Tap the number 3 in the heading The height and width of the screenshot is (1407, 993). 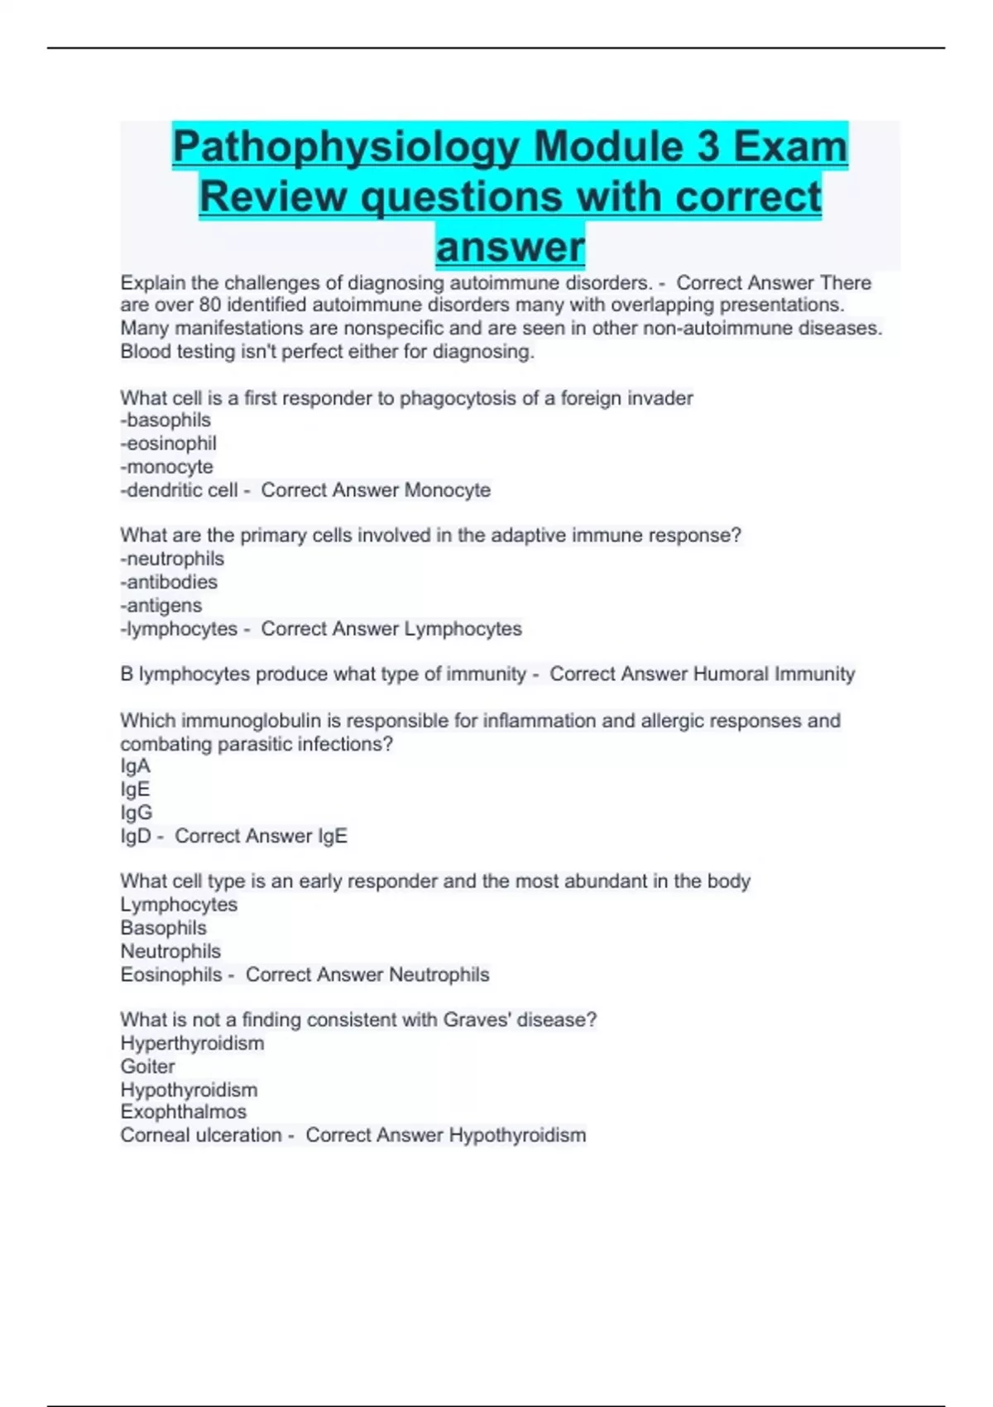[x=708, y=148]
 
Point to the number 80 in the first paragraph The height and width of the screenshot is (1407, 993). [x=210, y=305]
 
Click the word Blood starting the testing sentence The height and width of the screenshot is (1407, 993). [x=146, y=352]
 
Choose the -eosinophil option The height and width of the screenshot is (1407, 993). [x=169, y=444]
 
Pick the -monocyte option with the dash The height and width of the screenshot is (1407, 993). [x=167, y=467]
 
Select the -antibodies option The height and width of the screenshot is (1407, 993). [x=170, y=582]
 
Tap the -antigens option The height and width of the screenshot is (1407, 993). [x=161, y=605]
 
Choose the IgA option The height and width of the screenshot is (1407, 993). [x=136, y=766]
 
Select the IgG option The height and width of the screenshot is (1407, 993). [x=137, y=813]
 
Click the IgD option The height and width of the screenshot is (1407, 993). [x=137, y=836]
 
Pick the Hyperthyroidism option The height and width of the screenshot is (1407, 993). [x=192, y=1043]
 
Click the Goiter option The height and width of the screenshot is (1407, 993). [x=147, y=1066]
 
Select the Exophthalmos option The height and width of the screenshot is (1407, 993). [x=184, y=1112]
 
